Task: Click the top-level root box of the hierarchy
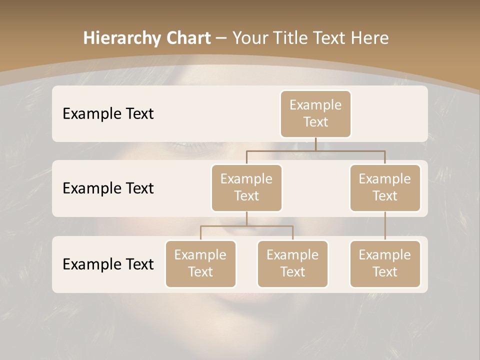point(315,114)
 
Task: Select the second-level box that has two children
point(246,188)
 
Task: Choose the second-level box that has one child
point(385,188)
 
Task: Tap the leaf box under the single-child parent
point(385,264)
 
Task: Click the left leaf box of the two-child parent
point(200,264)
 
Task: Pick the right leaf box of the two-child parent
point(292,264)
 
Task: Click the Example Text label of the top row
point(108,114)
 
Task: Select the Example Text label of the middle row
point(108,188)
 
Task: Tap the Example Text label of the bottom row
point(108,264)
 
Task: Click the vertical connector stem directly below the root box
point(315,144)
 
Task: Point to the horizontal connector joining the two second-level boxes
point(315,150)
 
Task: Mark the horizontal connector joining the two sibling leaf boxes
point(246,226)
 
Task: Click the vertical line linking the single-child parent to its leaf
point(385,226)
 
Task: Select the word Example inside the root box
point(315,105)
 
